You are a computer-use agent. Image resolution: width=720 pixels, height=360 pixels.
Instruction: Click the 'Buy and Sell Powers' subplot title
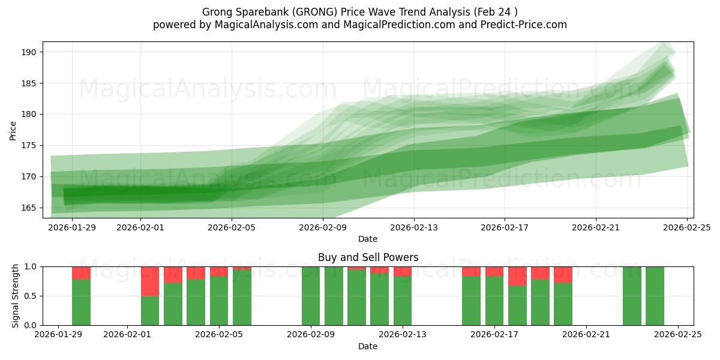pyautogui.click(x=368, y=257)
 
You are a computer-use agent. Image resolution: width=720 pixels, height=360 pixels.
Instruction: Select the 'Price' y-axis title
pyautogui.click(x=13, y=130)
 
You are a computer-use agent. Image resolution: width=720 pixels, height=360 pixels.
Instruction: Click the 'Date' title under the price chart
pyautogui.click(x=368, y=239)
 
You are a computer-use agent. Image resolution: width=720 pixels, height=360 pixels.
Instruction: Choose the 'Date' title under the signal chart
pyautogui.click(x=368, y=346)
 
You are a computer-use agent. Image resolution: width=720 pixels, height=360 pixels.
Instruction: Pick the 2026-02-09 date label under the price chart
pyautogui.click(x=323, y=227)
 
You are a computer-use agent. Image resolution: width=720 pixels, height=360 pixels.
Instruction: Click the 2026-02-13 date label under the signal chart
pyautogui.click(x=403, y=335)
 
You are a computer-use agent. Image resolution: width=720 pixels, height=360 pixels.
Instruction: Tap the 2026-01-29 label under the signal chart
pyautogui.click(x=58, y=335)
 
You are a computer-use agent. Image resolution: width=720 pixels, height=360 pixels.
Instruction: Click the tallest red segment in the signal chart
pyautogui.click(x=150, y=281)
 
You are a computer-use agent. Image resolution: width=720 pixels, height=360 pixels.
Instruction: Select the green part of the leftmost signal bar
pyautogui.click(x=81, y=302)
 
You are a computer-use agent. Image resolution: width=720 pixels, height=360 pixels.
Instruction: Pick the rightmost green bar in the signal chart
pyautogui.click(x=655, y=296)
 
